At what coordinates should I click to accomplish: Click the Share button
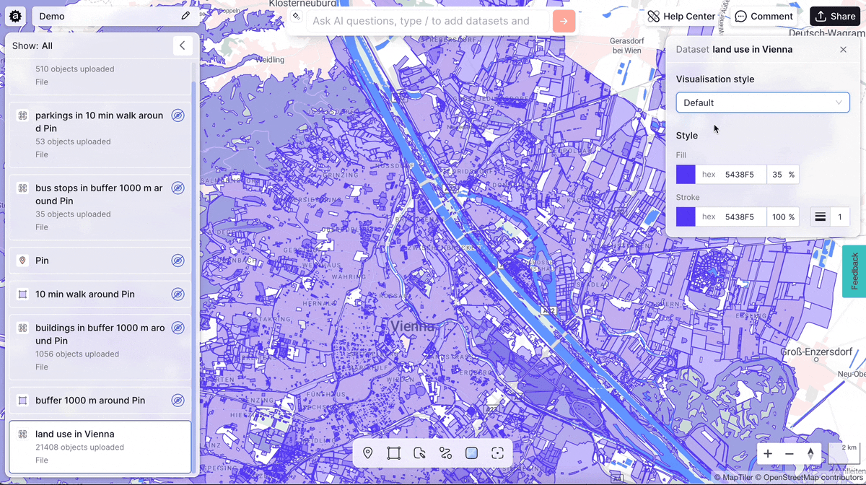pos(834,16)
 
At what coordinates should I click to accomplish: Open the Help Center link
pos(681,16)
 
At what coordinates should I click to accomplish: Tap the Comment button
pos(764,16)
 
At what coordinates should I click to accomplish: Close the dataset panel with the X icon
pos(843,50)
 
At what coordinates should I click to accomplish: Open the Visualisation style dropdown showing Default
pos(762,102)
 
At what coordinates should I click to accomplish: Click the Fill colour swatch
pos(686,175)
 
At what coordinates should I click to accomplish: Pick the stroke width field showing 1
pos(839,217)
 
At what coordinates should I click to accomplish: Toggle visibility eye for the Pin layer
pos(178,261)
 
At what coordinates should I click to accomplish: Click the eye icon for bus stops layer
pos(178,188)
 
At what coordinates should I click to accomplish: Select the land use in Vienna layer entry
pos(100,446)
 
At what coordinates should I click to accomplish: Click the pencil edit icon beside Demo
pos(185,16)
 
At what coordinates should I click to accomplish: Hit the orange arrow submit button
pos(564,21)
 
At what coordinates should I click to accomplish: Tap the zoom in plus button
pos(768,453)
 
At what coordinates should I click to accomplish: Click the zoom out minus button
pos(789,453)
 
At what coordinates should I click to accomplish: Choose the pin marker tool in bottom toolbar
pos(368,453)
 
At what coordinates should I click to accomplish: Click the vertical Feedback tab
pos(854,271)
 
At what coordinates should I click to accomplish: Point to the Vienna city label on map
pos(413,326)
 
